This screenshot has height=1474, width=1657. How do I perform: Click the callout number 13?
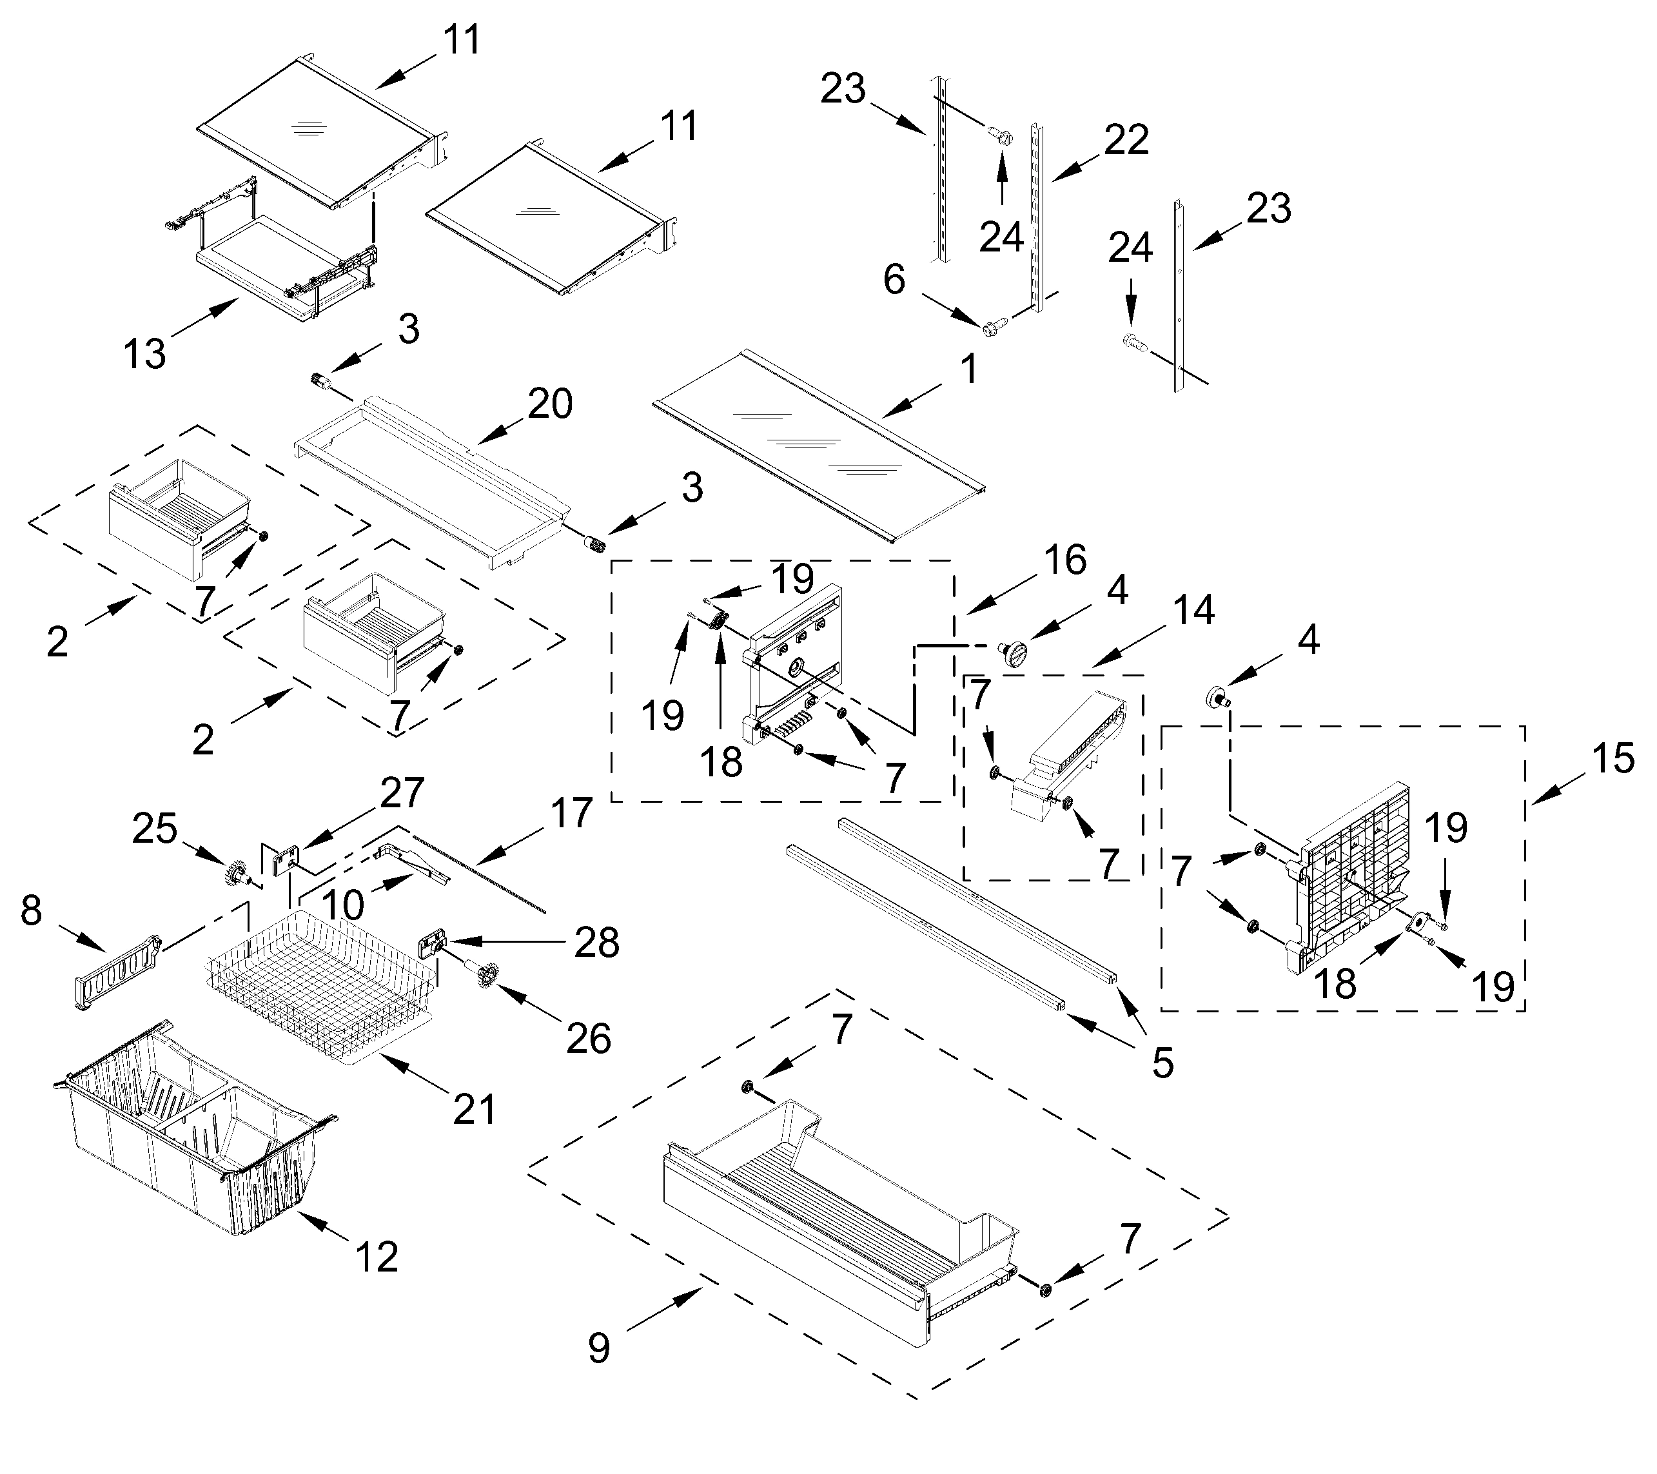pyautogui.click(x=144, y=353)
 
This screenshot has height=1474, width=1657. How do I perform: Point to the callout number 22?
pyautogui.click(x=1126, y=141)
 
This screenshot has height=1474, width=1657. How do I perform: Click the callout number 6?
pyautogui.click(x=894, y=280)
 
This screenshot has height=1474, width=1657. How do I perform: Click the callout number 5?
pyautogui.click(x=1162, y=1063)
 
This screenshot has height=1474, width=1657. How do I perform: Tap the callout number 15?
pyautogui.click(x=1613, y=759)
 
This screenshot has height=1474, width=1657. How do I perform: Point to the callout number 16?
pyautogui.click(x=1065, y=560)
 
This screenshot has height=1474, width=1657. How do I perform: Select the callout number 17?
pyautogui.click(x=571, y=812)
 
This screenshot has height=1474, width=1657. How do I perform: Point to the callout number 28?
pyautogui.click(x=596, y=942)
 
